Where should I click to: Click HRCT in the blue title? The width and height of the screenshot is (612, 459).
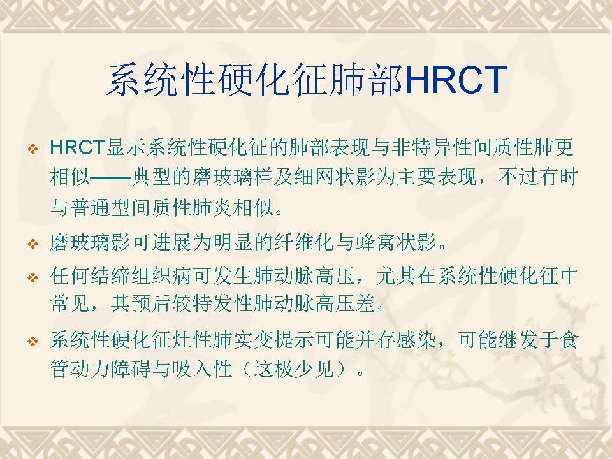(456, 80)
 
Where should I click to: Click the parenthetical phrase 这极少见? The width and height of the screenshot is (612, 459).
(295, 368)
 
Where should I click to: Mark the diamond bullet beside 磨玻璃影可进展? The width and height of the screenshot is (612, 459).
(33, 244)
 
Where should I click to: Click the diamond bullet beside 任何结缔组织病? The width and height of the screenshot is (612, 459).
(33, 277)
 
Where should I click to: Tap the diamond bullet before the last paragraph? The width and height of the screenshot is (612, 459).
(33, 341)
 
